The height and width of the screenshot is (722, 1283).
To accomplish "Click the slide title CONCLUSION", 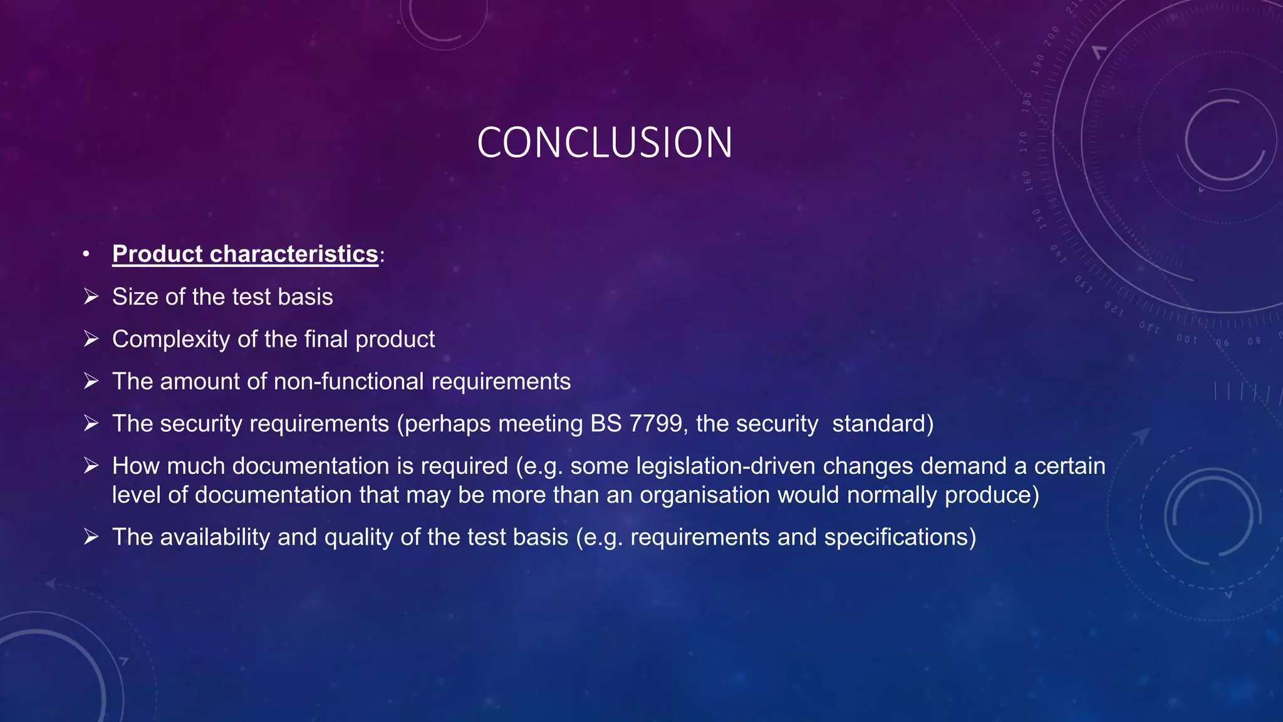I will click(605, 143).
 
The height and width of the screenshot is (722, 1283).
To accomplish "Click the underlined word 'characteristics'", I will click(294, 254).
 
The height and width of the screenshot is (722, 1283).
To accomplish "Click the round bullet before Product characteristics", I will click(86, 254).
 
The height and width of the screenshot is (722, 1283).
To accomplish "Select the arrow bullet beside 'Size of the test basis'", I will click(91, 296).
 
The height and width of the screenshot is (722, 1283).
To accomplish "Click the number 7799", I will click(655, 424).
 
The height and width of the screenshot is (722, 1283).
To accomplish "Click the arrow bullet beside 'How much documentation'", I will click(91, 466).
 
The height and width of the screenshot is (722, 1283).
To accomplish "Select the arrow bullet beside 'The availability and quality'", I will click(91, 537).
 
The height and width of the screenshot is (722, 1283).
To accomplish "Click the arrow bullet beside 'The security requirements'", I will click(91, 424).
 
